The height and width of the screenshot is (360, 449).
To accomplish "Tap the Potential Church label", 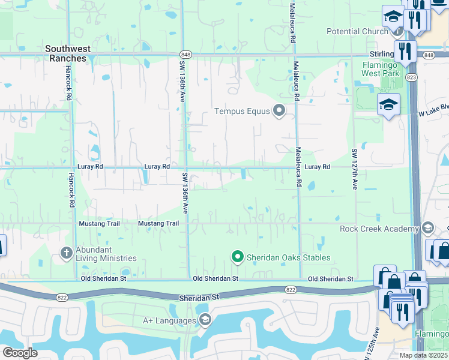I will tap(357, 31).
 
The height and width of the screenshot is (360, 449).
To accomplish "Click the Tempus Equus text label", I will tap(243, 111).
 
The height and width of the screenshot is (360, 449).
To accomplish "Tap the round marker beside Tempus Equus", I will tap(279, 110).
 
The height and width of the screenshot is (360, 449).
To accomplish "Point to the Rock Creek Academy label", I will tap(379, 229).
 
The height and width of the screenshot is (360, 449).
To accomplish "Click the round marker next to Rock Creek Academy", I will tap(427, 228).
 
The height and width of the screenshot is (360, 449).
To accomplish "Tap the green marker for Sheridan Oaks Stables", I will tap(237, 257).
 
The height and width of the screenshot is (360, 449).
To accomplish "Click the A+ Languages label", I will tap(169, 320).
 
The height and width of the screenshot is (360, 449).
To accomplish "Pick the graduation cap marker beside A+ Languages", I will tap(205, 319).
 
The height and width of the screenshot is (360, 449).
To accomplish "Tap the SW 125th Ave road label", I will tap(376, 340).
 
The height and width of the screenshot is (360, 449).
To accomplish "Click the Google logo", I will tap(20, 353).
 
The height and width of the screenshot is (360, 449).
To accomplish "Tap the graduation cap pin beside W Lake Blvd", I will tap(388, 104).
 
